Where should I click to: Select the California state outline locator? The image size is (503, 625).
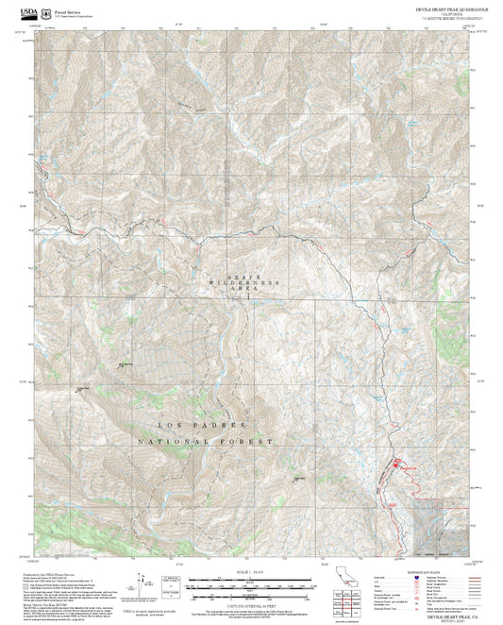346,578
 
